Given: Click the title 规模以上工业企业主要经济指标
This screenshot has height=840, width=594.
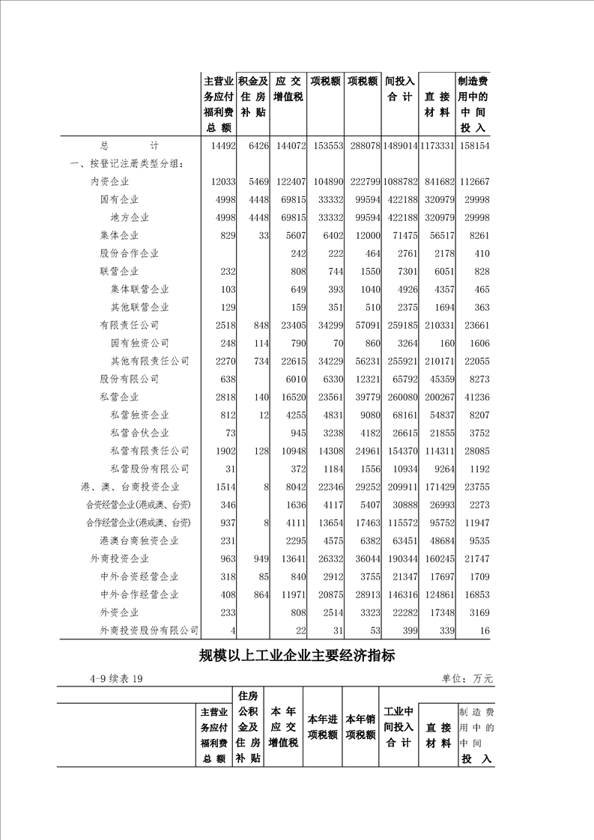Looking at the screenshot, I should coord(297,657).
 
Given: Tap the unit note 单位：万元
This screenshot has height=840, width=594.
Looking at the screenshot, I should coord(467,679).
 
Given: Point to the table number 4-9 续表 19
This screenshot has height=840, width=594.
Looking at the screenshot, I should coord(116,679).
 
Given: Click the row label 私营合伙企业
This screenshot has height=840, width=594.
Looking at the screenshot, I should coord(139,433).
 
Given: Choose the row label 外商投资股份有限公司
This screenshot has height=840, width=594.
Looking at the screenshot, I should coord(149,631).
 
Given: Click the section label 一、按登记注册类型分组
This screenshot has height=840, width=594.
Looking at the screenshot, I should coord(126,164).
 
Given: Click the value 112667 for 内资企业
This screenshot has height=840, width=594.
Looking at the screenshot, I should coord(473,182).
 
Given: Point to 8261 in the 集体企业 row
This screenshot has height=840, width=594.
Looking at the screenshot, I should coord(478,236).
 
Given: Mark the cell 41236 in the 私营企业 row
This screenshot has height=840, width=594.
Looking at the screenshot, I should coord(476,398).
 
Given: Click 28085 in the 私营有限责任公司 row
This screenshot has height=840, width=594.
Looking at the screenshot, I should coord(476,451).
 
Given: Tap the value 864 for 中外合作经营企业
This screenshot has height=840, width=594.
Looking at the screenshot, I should coord(259,595).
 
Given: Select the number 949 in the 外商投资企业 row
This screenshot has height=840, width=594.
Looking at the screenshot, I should coord(259,559).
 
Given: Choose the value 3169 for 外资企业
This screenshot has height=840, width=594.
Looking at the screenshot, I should coord(478,613).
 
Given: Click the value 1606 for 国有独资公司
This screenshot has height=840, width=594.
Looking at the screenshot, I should coord(478,344).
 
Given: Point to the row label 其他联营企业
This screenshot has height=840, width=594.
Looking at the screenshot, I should coord(139,308).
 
